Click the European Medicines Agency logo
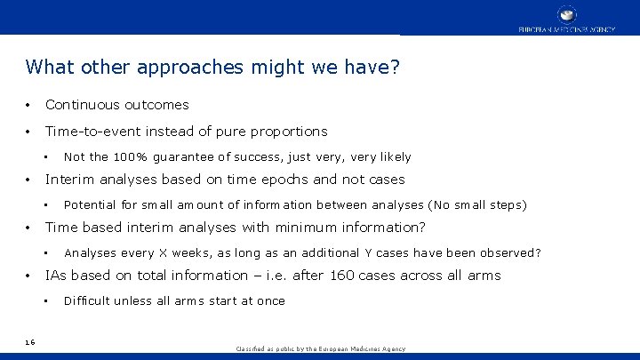point(566,19)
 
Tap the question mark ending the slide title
point(393,68)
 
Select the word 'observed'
point(509,253)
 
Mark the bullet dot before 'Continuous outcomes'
point(30,105)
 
